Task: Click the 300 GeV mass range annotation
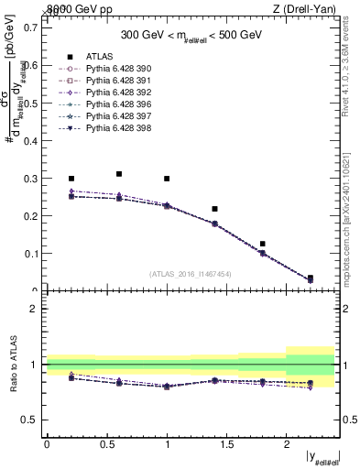tap(193, 36)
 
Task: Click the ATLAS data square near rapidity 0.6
tap(119, 173)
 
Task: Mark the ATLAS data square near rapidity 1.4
tap(214, 209)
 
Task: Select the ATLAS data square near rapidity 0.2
tap(71, 179)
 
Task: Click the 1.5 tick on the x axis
tap(226, 445)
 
